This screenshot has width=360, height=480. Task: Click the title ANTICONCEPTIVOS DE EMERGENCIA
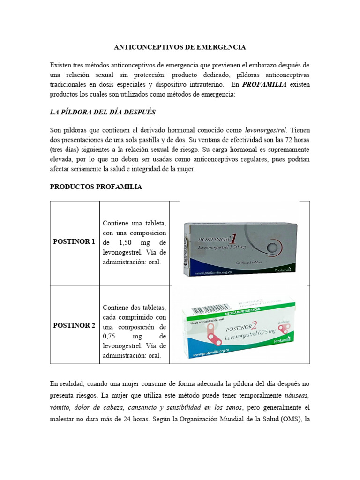[x=180, y=47]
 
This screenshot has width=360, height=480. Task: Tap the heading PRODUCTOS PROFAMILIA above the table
[x=96, y=187]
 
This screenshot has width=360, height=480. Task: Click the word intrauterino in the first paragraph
[x=212, y=85]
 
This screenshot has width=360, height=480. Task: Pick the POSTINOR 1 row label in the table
[x=74, y=242]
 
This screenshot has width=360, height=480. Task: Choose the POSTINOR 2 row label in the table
[x=74, y=325]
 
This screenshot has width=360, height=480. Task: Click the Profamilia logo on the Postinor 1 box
[x=283, y=270]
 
